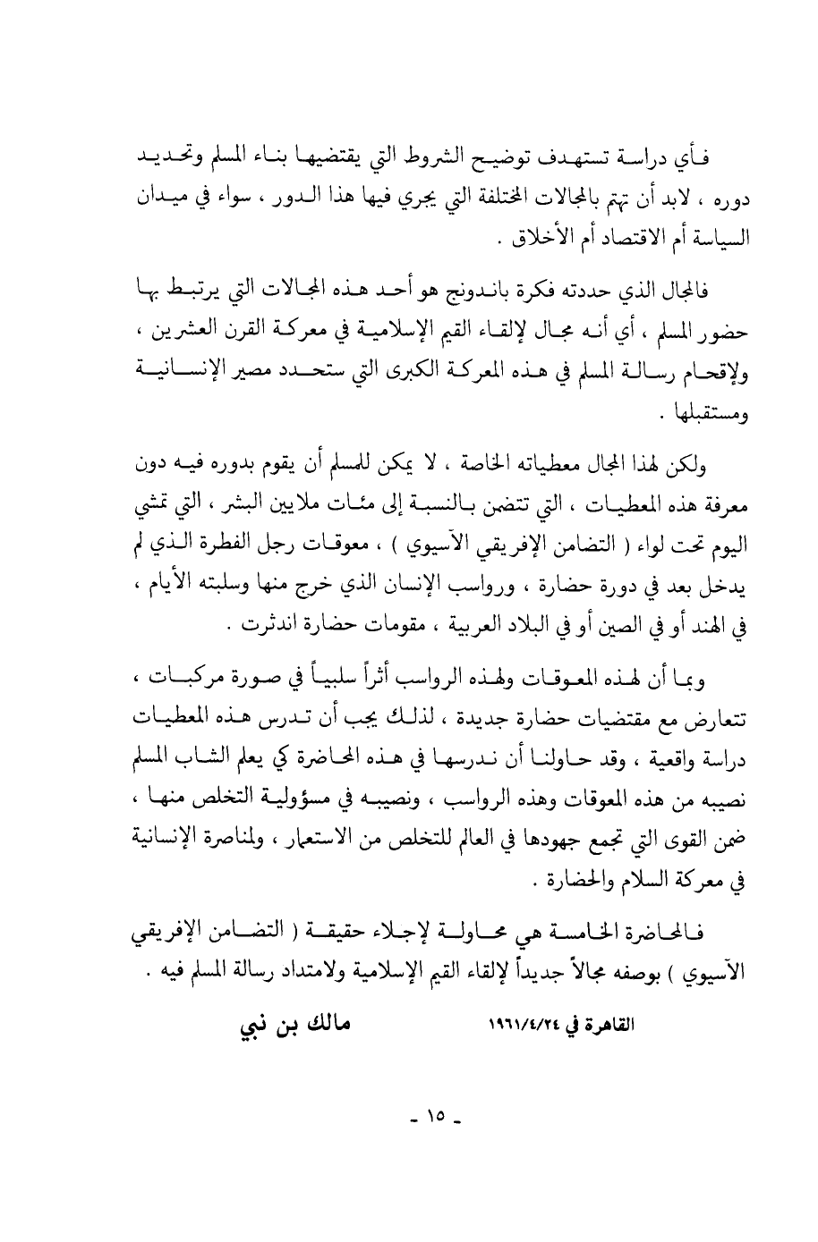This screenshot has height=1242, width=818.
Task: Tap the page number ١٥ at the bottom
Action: point(437,1118)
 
